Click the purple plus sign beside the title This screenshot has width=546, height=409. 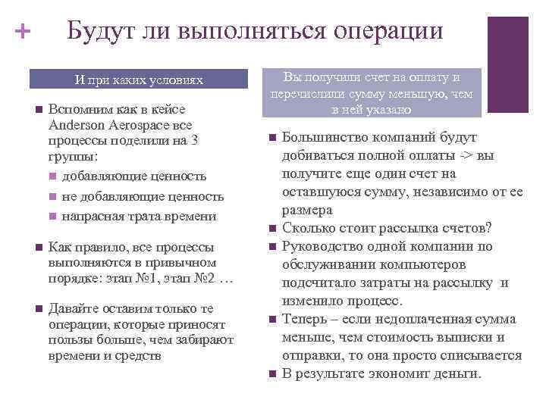pos(23,32)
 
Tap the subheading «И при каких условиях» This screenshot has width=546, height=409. pos(139,80)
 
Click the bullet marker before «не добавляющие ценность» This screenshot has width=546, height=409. pos(51,197)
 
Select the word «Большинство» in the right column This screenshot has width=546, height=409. pos(326,137)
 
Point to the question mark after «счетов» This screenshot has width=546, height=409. pos(489,228)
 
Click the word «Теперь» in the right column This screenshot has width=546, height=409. pos(304,319)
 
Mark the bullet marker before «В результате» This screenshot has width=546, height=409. pos(272,374)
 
